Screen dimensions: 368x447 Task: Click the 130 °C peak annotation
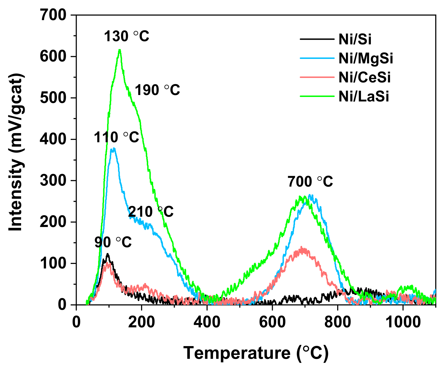(x=127, y=36)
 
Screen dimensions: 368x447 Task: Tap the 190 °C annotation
(x=157, y=90)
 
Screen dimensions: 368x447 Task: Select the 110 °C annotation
(x=117, y=137)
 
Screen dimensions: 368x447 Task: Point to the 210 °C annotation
(x=151, y=212)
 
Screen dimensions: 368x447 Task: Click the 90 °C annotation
(x=113, y=242)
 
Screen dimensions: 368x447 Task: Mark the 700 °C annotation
(x=310, y=182)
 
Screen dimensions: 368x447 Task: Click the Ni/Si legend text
(x=355, y=39)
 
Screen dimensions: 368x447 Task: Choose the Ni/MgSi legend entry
(x=366, y=58)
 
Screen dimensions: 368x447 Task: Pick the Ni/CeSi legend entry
(x=365, y=77)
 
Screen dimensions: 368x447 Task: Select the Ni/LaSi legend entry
(x=364, y=96)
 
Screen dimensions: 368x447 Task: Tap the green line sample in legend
(x=317, y=96)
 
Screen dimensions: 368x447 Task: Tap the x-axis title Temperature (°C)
(x=256, y=353)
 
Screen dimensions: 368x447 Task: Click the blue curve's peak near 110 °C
(x=114, y=148)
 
